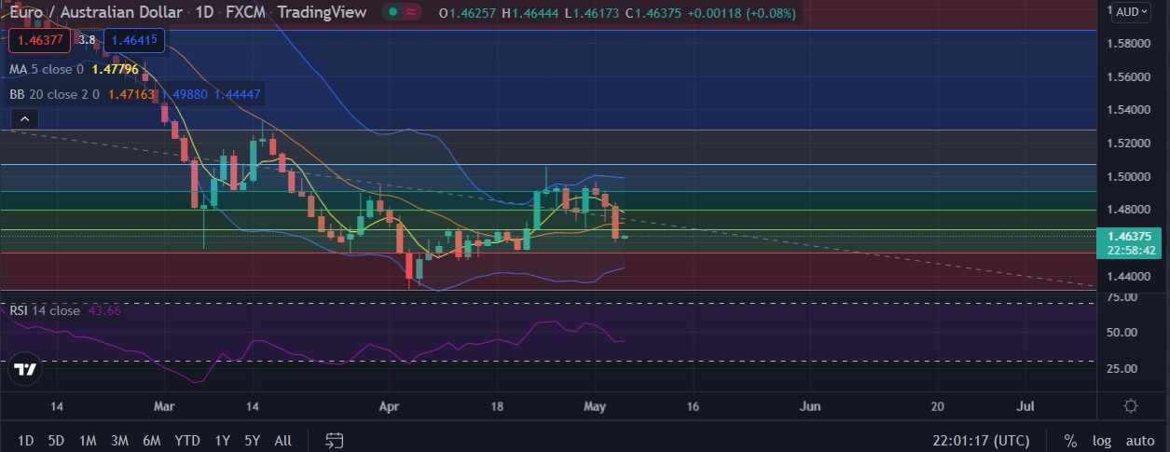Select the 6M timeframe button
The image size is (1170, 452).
pos(151,440)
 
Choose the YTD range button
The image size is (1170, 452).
pos(187,440)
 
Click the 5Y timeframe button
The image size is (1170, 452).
pos(252,440)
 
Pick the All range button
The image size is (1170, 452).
pos(283,440)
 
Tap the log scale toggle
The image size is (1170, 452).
pos(1102,441)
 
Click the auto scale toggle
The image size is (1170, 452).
pos(1139,441)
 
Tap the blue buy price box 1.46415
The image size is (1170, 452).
pos(135,40)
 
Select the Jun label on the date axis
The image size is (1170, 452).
pos(810,406)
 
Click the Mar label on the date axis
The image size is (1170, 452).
pos(164,406)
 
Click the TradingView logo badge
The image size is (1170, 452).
pos(26,369)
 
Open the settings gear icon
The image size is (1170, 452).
pos(1131,406)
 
